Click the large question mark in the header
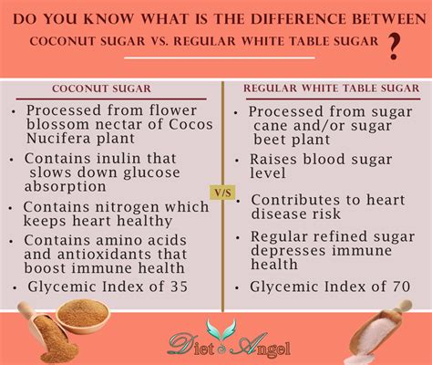(394, 47)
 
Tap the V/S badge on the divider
(223, 193)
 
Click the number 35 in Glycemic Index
(179, 287)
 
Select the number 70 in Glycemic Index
(401, 287)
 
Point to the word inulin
(118, 159)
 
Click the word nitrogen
(128, 208)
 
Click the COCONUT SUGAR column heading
(101, 89)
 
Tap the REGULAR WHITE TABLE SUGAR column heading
(332, 89)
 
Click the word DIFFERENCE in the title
(298, 19)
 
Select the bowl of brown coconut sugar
(84, 316)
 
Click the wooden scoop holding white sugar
(380, 332)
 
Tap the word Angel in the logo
(262, 346)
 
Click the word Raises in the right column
(273, 160)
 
